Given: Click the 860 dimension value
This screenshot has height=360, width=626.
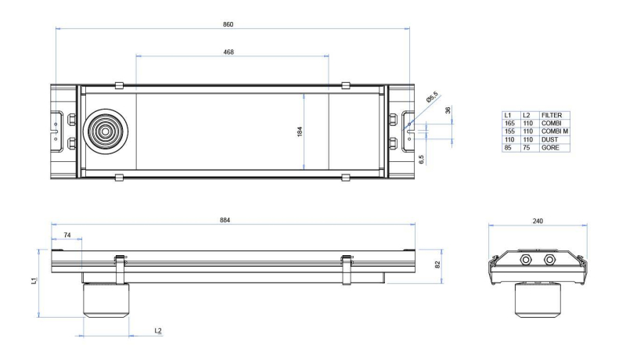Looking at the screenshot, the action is pyautogui.click(x=228, y=24).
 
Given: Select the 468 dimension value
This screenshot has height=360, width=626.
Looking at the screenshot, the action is pyautogui.click(x=228, y=52).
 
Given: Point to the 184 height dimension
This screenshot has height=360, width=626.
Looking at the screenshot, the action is pyautogui.click(x=300, y=131).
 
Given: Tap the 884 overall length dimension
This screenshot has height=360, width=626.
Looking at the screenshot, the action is pyautogui.click(x=225, y=220).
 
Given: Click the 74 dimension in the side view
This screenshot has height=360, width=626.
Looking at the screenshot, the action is pyautogui.click(x=67, y=235).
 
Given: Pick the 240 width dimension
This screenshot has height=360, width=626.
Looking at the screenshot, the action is pyautogui.click(x=538, y=221).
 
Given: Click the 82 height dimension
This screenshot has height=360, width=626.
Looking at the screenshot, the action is pyautogui.click(x=437, y=265).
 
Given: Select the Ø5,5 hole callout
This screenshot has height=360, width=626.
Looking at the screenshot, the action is pyautogui.click(x=432, y=97).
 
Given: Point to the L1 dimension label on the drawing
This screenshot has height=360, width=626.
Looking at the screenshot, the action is pyautogui.click(x=34, y=281).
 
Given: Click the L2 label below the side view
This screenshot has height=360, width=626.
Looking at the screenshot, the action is pyautogui.click(x=158, y=330).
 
